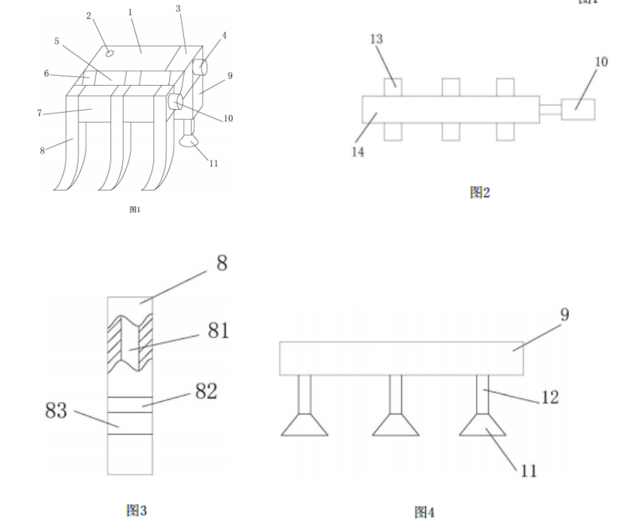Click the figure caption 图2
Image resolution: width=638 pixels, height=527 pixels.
(x=480, y=192)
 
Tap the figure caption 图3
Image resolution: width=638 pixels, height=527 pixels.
(x=136, y=510)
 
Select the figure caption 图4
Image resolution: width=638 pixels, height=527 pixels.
(x=424, y=512)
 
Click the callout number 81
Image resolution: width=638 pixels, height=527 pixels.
(x=218, y=331)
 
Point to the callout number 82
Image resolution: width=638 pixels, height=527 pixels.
(x=207, y=391)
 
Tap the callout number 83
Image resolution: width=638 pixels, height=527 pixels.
(x=56, y=411)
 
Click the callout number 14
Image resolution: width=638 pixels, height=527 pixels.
(x=358, y=153)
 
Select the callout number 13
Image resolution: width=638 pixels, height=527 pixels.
(x=376, y=39)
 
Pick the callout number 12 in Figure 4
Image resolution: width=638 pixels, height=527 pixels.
(x=549, y=398)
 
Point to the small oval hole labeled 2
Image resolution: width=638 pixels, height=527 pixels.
(x=109, y=52)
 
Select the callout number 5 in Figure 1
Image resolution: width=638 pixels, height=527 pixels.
(x=57, y=41)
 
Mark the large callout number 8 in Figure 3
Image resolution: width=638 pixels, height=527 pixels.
(x=221, y=263)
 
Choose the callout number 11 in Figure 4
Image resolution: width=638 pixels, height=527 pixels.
(x=529, y=471)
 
